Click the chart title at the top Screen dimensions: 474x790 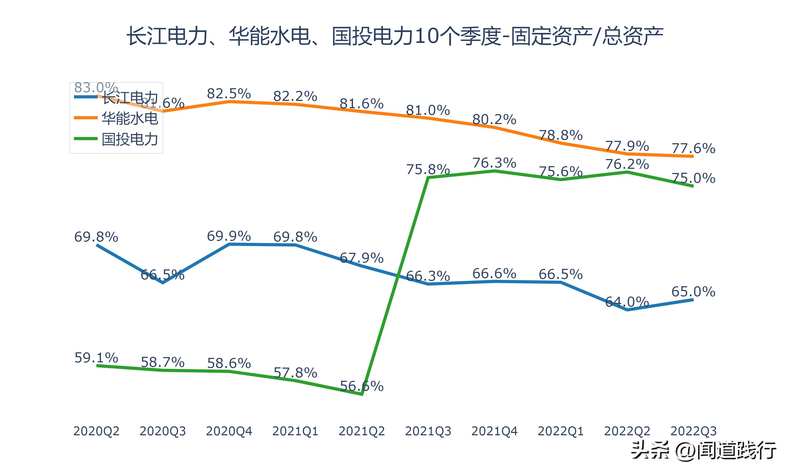pos(395,36)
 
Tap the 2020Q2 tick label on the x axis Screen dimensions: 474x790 pos(96,431)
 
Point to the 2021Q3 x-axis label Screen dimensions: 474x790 pos(428,431)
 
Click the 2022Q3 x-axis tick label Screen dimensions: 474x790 pos(693,431)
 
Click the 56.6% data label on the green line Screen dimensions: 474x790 pos(362,386)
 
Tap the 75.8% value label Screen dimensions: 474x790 pos(428,169)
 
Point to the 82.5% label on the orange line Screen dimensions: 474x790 pos(229,93)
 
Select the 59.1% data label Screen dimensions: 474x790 pos(96,358)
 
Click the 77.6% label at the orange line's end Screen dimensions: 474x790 pos(693,148)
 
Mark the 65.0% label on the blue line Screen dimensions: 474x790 pos(693,291)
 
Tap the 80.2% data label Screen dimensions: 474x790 pos(494,120)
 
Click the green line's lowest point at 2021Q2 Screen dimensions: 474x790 pos(362,395)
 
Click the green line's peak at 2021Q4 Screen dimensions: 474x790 pos(494,171)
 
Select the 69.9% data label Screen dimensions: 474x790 pos(229,236)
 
